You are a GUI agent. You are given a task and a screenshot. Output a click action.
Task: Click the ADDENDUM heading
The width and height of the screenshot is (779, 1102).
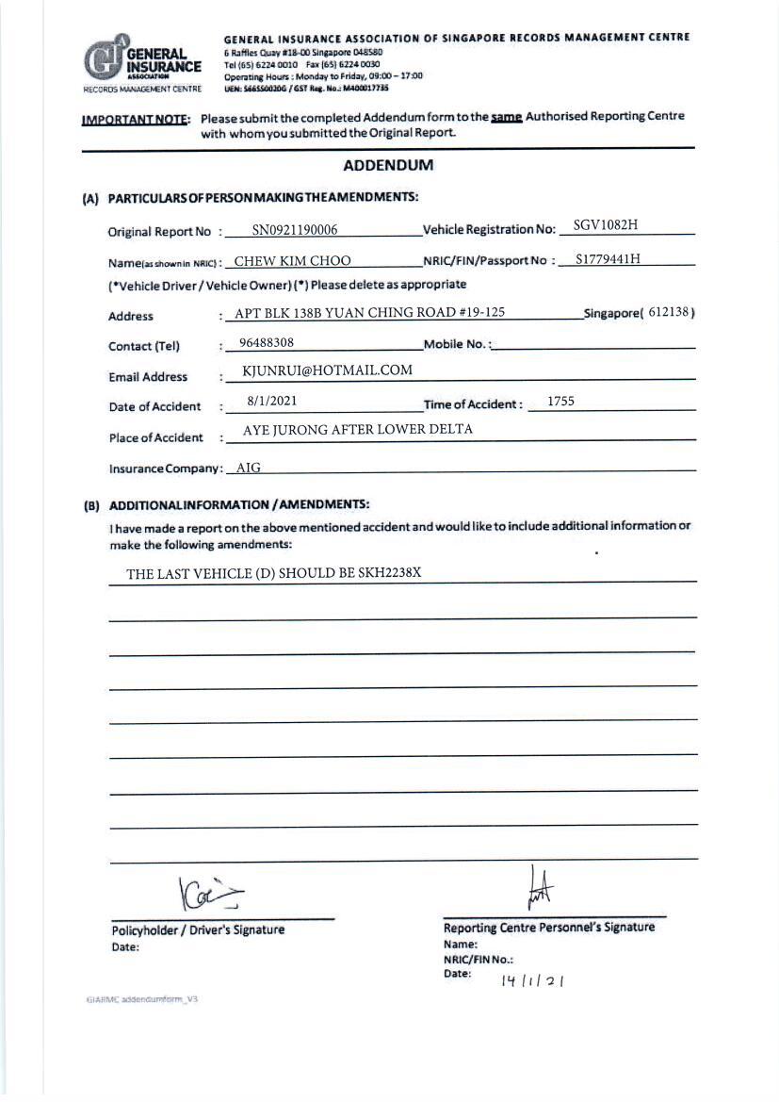tap(388, 165)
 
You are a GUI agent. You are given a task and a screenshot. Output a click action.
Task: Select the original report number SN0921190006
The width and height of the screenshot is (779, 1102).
tap(295, 230)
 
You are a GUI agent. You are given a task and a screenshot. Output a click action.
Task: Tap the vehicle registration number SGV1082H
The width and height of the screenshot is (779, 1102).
tap(606, 226)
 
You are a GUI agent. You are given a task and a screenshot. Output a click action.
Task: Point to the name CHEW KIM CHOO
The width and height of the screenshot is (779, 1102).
tap(292, 261)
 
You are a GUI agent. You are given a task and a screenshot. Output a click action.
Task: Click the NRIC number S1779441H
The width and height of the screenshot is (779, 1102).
tap(609, 259)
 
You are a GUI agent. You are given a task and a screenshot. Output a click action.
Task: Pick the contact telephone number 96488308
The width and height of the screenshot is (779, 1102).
tap(267, 343)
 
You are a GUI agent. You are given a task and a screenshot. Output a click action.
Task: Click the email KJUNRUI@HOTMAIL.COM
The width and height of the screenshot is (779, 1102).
tap(327, 370)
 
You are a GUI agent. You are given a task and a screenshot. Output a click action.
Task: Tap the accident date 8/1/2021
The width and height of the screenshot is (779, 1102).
tap(272, 401)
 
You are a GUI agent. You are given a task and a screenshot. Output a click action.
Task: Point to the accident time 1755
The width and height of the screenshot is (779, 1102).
tap(560, 401)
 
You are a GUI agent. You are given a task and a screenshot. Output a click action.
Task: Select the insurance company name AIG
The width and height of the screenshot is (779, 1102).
tap(248, 467)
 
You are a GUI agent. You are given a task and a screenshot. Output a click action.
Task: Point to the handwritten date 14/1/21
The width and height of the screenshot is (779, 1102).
tap(532, 979)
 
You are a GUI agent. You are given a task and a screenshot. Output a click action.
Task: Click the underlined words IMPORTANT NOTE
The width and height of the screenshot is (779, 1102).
tap(136, 119)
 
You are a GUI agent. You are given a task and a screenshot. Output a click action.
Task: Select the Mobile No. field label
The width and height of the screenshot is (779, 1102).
tap(456, 344)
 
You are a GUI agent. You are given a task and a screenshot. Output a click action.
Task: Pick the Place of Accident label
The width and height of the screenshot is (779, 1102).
tap(155, 437)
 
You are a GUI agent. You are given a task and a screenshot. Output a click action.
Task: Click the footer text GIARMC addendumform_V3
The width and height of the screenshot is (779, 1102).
tap(140, 998)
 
